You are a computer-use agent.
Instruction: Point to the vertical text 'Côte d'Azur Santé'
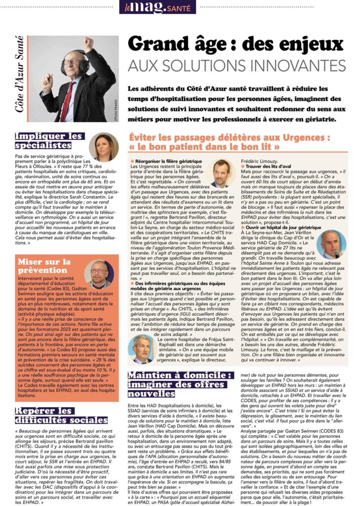click(19, 74)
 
